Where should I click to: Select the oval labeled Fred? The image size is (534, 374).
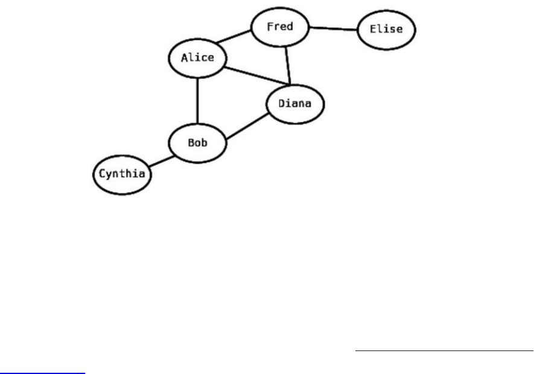point(280,27)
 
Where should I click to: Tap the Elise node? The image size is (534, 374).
point(387,29)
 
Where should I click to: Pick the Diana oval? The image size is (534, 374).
point(295,104)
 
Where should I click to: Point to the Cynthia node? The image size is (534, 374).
point(122,175)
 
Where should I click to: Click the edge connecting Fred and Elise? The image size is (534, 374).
point(333,28)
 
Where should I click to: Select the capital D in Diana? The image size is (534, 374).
point(282,104)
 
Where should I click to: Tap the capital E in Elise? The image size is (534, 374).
point(374,29)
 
